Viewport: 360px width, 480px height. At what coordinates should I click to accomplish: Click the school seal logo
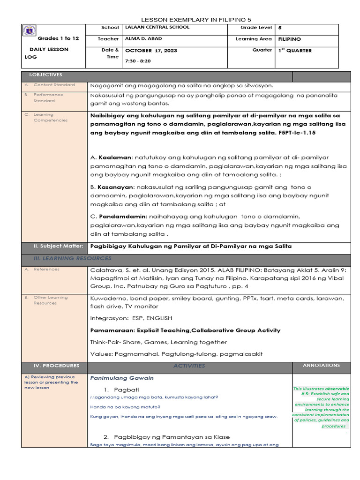click(x=30, y=31)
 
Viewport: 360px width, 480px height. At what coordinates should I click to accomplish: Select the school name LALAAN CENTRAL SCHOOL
click(x=157, y=28)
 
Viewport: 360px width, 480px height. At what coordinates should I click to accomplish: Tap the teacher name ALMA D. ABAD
click(x=144, y=39)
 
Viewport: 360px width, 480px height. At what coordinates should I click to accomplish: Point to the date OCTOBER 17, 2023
click(x=151, y=51)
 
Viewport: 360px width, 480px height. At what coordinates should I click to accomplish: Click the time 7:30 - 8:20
click(x=138, y=61)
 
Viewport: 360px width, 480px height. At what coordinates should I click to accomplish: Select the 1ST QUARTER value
click(x=295, y=51)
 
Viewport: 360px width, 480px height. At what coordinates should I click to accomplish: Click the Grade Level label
click(x=256, y=28)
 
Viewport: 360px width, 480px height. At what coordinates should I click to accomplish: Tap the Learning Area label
click(x=254, y=39)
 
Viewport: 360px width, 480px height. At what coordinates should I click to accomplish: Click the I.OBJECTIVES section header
click(x=45, y=75)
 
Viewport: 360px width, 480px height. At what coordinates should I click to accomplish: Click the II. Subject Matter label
click(x=58, y=246)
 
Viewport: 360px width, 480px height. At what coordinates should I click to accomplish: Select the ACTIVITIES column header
click(x=189, y=366)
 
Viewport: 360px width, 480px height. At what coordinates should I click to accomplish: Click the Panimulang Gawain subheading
click(x=122, y=378)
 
